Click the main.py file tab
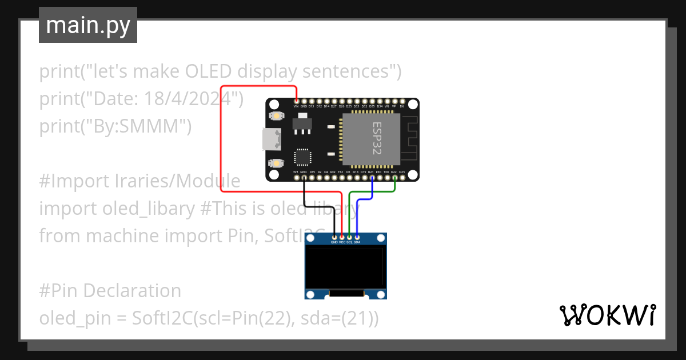[88, 26]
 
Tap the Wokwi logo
[607, 315]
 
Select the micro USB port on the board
[270, 139]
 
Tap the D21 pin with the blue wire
[372, 178]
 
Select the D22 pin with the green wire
[394, 178]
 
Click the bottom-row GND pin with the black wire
[304, 178]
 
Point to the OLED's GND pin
[334, 237]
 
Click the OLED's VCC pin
[342, 237]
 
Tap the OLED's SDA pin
[357, 237]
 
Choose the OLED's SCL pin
[349, 237]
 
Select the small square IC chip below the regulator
[302, 157]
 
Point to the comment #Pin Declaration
[110, 290]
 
